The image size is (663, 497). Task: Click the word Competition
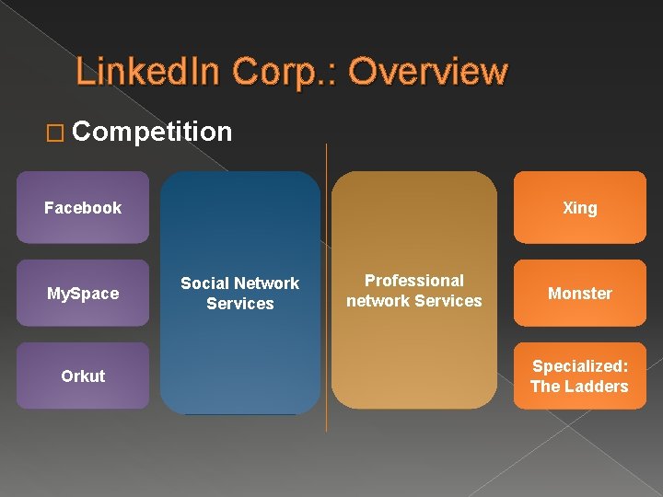(x=151, y=132)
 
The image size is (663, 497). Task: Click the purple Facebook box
(x=83, y=208)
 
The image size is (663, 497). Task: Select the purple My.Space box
(x=83, y=294)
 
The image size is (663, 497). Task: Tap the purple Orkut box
(x=83, y=376)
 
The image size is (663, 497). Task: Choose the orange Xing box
(x=580, y=208)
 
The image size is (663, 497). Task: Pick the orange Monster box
(x=580, y=294)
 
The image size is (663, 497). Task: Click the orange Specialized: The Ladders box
(x=580, y=376)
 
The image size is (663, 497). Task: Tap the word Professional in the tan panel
(x=414, y=281)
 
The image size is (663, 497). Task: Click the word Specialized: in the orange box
(x=580, y=365)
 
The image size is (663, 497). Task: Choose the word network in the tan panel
(x=378, y=301)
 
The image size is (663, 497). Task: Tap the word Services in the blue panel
(x=240, y=304)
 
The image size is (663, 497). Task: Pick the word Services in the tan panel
(x=448, y=301)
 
